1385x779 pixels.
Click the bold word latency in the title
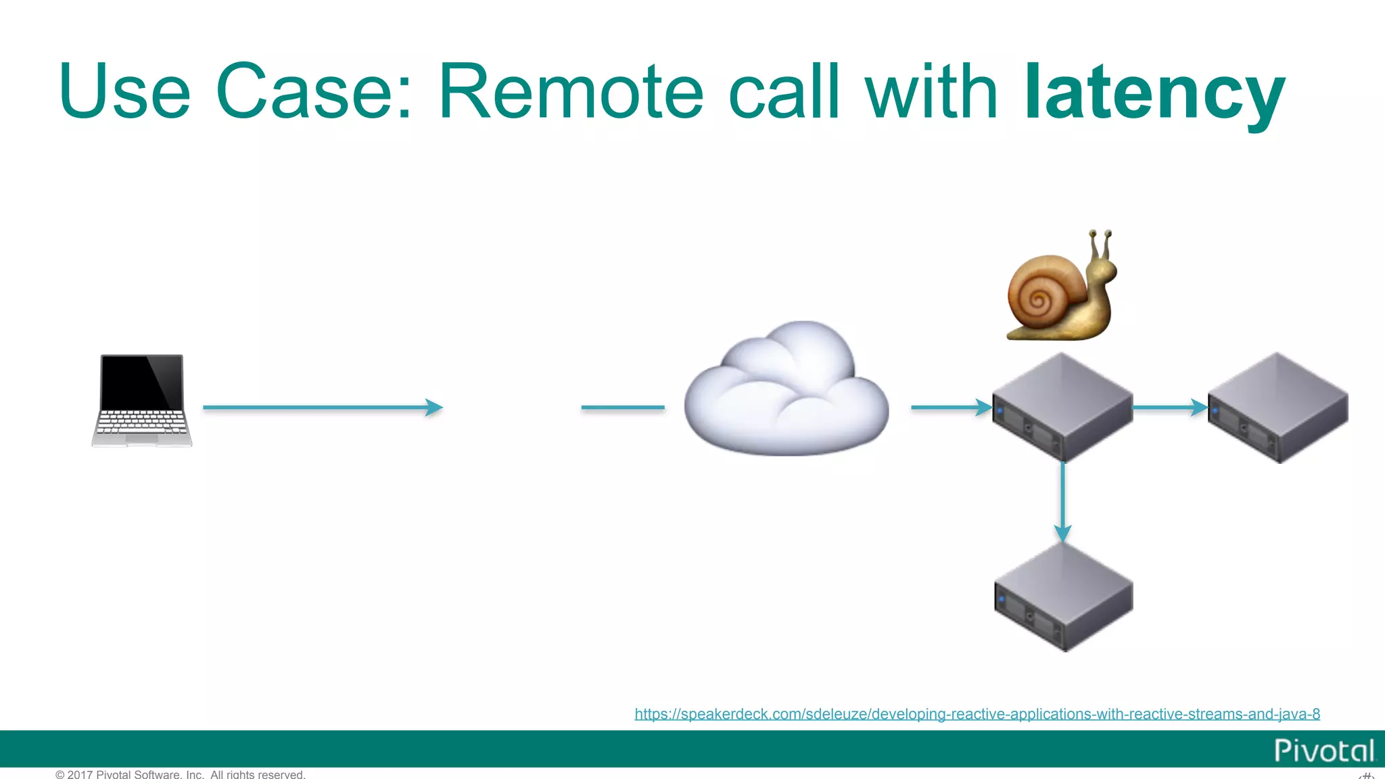(1154, 93)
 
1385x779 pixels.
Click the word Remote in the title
(571, 93)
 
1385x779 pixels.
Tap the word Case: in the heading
(314, 93)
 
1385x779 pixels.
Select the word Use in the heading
(125, 93)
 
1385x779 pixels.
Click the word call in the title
(784, 93)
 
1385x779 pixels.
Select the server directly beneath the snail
(1062, 408)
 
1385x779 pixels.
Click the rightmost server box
(1278, 408)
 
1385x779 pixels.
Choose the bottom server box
(1063, 597)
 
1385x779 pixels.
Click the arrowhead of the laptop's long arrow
(434, 407)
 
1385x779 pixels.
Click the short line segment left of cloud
(622, 407)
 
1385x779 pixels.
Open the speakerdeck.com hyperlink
(977, 714)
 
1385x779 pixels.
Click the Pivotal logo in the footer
(1323, 751)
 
